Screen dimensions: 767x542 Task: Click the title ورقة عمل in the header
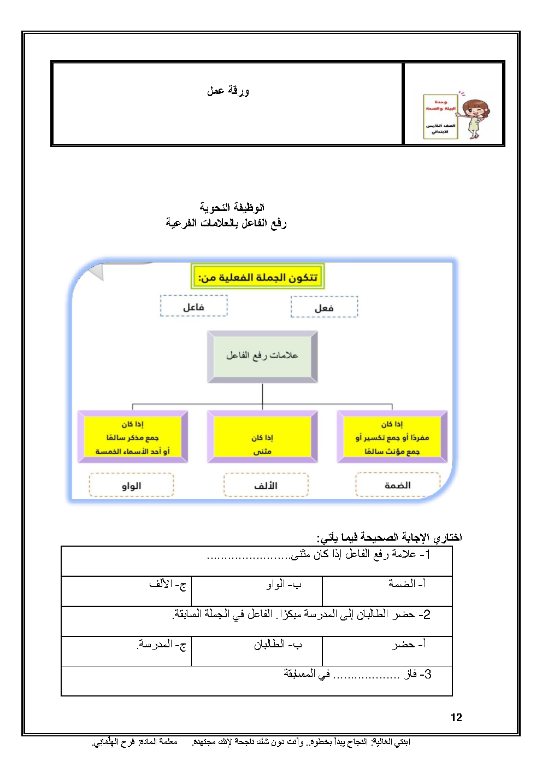pos(228,91)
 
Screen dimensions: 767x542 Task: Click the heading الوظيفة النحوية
pos(232,207)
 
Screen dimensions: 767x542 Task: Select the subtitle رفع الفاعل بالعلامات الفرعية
pos(226,223)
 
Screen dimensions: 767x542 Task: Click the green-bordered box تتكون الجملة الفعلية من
pos(258,277)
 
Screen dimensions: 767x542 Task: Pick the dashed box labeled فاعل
pos(193,306)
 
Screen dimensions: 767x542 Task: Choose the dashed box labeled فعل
pos(324,307)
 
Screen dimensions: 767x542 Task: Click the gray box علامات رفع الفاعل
pos(262,356)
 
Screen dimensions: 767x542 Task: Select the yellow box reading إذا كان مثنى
pos(262,437)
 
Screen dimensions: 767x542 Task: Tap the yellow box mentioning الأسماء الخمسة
pos(133,437)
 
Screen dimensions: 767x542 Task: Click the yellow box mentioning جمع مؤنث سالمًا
pos(392,437)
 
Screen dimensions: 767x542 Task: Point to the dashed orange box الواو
pos(131,485)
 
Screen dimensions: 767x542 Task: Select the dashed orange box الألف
pos(266,485)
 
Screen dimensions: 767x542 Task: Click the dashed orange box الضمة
pos(397,485)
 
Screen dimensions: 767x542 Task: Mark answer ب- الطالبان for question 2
pos(278,645)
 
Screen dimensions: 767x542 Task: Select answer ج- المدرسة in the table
pos(162,645)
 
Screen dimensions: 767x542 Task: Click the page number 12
pos(456,717)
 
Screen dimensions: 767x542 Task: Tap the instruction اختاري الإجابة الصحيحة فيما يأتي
pos(390,537)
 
